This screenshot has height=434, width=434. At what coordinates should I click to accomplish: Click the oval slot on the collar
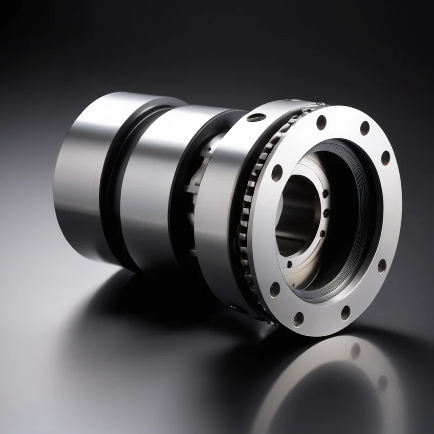point(256,117)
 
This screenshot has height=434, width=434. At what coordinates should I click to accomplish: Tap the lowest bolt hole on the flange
point(298,319)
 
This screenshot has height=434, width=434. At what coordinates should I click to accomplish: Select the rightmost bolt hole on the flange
point(385,158)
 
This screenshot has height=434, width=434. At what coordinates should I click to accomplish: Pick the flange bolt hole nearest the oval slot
point(321,122)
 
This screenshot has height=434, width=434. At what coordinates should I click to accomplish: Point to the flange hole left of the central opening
point(277,172)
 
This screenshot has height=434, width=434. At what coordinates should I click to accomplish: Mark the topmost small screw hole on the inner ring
point(325,193)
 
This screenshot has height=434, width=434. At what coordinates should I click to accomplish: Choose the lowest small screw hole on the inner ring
point(290,265)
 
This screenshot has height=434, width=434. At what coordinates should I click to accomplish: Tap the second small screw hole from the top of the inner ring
point(326,213)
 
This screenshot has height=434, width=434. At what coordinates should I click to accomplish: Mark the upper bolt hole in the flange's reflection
point(355,350)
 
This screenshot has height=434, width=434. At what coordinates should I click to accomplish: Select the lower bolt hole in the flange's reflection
point(382,382)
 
